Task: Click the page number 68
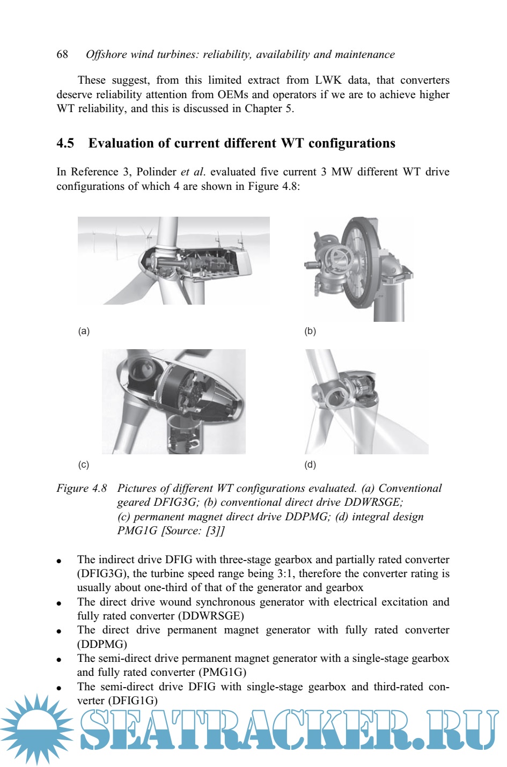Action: tap(62, 54)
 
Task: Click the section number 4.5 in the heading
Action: tap(65, 143)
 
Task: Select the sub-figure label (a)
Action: tap(84, 331)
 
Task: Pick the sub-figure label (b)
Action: tap(310, 331)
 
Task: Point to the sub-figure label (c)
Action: tap(84, 464)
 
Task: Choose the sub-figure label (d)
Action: tap(310, 464)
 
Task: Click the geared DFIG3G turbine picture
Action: tap(173, 261)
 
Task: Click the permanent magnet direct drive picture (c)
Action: tap(173, 402)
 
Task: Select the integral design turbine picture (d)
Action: tap(366, 402)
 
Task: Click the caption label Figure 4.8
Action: tap(82, 488)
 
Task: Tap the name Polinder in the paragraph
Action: tap(156, 172)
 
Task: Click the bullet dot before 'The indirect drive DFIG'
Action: tap(60, 561)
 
